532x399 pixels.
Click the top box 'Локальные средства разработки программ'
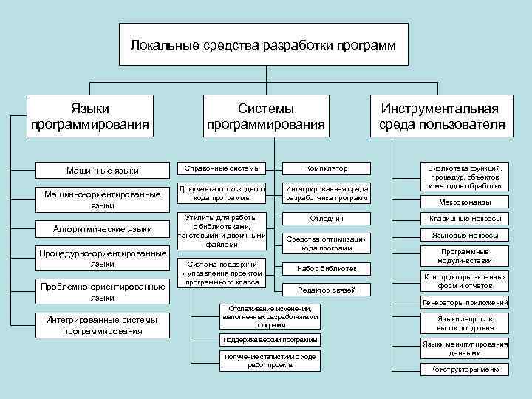pos(263,46)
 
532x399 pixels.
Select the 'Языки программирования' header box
pos(90,116)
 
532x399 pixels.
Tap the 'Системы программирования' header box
pos(266,116)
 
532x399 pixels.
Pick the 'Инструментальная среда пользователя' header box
pos(442,116)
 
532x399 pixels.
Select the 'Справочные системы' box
pos(222,168)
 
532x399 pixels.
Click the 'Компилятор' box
pos(327,168)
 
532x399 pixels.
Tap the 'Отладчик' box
pos(327,219)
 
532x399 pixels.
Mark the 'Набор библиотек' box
pos(327,268)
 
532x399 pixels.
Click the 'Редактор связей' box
pos(327,290)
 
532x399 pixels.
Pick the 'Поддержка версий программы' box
pos(270,339)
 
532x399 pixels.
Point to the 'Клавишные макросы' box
pos(465,219)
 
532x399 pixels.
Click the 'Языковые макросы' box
pos(465,236)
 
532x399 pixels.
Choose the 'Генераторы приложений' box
pos(465,302)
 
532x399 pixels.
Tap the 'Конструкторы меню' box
pos(465,369)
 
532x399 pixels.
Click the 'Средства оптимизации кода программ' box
pos(327,243)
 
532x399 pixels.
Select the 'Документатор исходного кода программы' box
pos(222,194)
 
